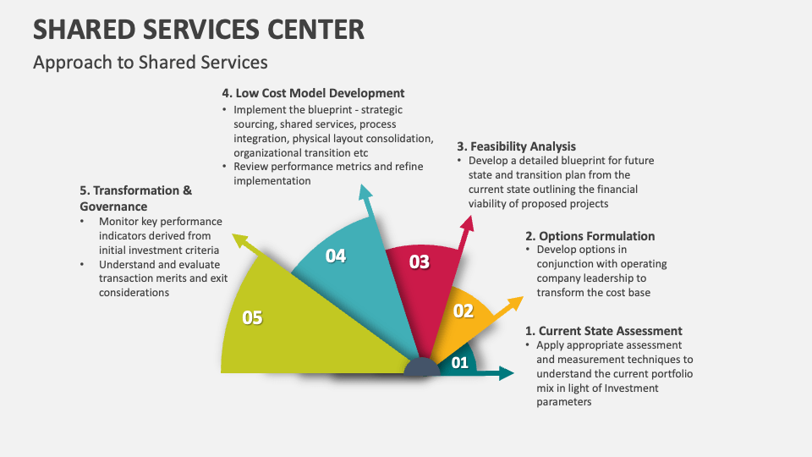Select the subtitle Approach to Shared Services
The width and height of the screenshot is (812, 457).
click(150, 62)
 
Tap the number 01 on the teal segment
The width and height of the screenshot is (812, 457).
click(459, 363)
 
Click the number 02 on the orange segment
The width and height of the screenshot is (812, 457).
click(464, 311)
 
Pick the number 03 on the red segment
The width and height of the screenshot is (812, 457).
click(420, 262)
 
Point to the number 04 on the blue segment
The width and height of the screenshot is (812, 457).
click(336, 256)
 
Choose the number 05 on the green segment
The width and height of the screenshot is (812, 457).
click(252, 317)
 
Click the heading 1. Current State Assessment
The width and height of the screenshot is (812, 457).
click(603, 331)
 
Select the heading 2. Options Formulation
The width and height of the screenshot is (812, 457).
click(590, 236)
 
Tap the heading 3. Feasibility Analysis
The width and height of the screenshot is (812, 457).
click(516, 146)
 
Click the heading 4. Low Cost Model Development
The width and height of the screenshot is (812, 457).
click(313, 93)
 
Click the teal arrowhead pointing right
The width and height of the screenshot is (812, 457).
click(506, 373)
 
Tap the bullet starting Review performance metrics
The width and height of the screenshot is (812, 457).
click(328, 167)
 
